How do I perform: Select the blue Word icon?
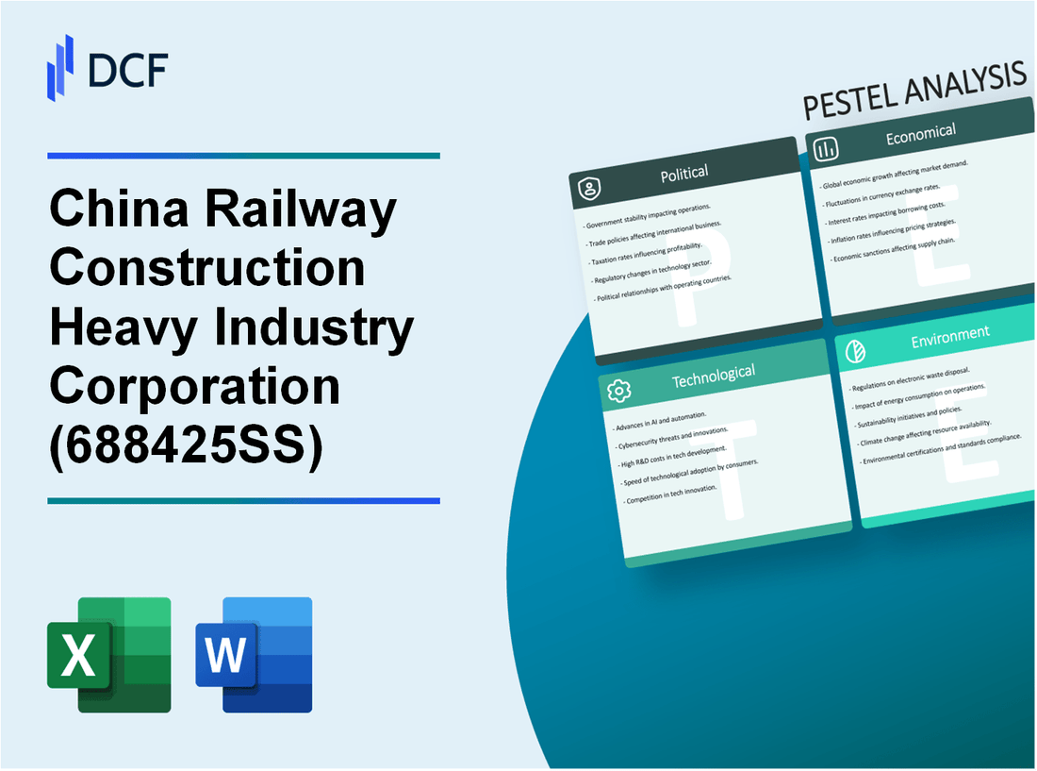[x=254, y=654]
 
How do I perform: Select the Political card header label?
[x=685, y=173]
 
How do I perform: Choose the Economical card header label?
[x=920, y=135]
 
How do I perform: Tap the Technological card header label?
[x=714, y=376]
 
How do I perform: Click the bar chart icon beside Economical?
[x=827, y=149]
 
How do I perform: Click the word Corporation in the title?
[x=194, y=384]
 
